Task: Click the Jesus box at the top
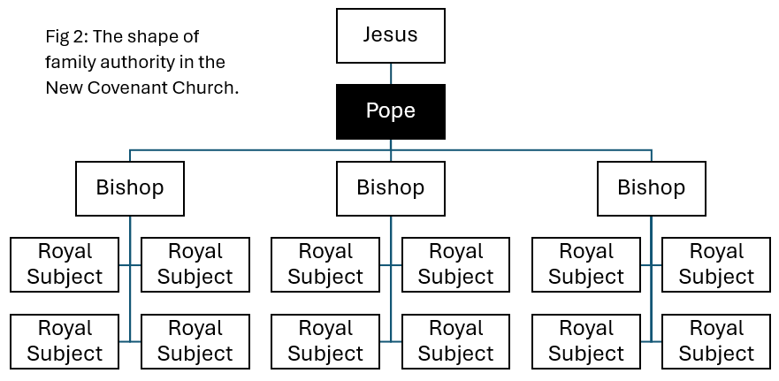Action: pos(390,35)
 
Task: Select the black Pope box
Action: pos(390,111)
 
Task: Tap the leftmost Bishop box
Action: pos(130,188)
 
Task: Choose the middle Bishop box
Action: pos(390,188)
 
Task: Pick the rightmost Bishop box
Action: pos(651,188)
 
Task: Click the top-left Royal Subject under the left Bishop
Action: pos(65,264)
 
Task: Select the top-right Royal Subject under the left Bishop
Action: pos(195,264)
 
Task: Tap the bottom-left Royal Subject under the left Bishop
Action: pos(65,341)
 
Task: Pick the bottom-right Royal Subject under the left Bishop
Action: pos(195,341)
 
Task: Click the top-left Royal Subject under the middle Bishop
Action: pos(325,264)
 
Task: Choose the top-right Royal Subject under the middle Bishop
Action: pos(455,264)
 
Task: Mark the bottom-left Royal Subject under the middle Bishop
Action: pos(325,341)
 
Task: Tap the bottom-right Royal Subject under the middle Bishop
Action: pos(455,341)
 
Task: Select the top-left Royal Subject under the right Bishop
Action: pos(586,264)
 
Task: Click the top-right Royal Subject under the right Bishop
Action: pos(716,264)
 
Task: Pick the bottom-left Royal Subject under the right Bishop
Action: pos(586,341)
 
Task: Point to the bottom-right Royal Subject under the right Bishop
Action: pos(716,341)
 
